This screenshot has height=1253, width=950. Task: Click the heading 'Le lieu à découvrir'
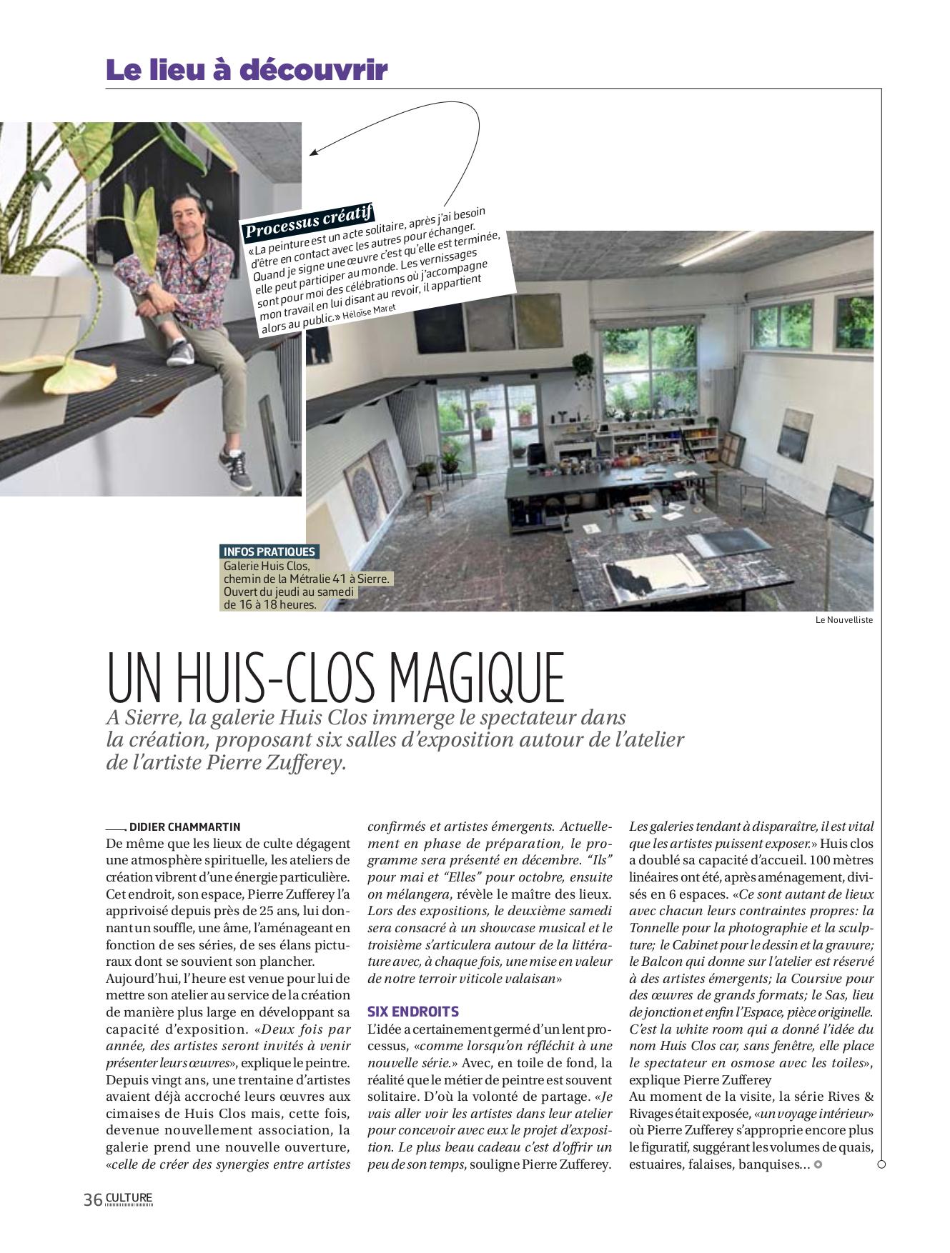click(247, 70)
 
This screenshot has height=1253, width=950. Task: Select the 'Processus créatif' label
click(309, 220)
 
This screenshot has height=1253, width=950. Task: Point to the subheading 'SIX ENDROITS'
click(413, 1012)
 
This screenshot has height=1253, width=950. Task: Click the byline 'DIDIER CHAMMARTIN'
click(184, 827)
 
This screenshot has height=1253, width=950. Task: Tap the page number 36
click(93, 1199)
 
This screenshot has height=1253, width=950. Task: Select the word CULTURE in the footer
click(129, 1197)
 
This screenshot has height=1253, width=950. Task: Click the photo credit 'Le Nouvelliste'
click(843, 620)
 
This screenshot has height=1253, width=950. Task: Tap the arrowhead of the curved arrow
click(313, 153)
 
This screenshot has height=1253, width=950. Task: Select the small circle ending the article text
click(818, 1164)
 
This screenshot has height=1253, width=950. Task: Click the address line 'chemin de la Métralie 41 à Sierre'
click(307, 579)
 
